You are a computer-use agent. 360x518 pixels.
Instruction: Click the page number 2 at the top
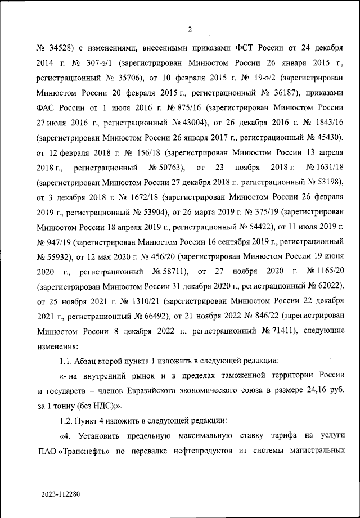click(x=190, y=30)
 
